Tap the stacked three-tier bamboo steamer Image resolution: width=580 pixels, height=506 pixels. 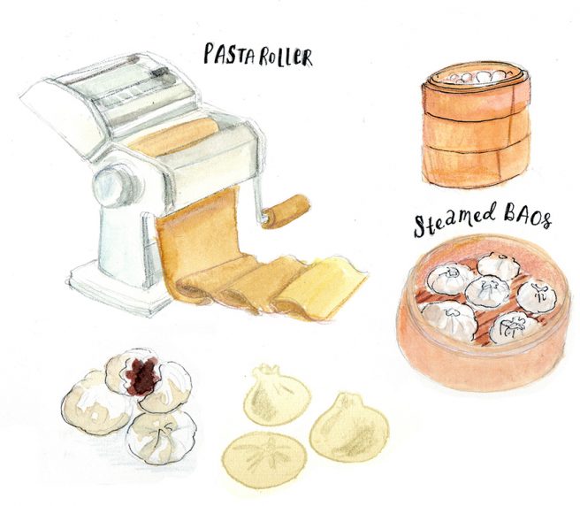(476, 124)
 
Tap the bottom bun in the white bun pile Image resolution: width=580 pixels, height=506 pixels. (161, 438)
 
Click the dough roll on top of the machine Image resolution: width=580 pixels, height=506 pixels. (174, 138)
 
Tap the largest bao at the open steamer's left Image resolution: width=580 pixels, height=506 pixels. (448, 319)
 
